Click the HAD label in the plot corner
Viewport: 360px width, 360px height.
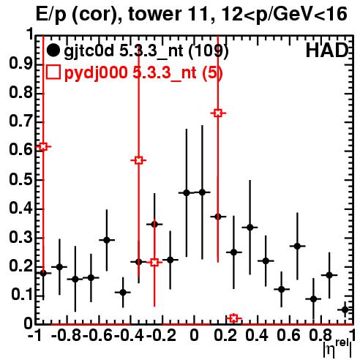[x=327, y=50]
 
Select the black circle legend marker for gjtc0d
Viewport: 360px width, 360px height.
[x=53, y=50]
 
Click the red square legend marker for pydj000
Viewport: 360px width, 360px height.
[x=53, y=72]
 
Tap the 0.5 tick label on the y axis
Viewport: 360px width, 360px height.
[x=20, y=180]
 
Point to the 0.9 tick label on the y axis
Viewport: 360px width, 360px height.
[x=20, y=64]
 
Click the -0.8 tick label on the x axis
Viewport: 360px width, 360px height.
[x=67, y=335]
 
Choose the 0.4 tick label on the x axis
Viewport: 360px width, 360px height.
[x=257, y=335]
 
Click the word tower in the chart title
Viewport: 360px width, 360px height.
[x=154, y=14]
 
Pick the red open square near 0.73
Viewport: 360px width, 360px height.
[x=218, y=113]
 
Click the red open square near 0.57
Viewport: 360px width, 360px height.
[x=138, y=160]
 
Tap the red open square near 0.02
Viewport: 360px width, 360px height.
[x=233, y=318]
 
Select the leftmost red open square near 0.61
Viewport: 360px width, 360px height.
[x=43, y=146]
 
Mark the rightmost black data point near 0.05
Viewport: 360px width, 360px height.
[x=345, y=310]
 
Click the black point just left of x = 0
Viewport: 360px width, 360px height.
[x=187, y=193]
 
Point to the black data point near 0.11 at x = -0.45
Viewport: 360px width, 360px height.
[x=123, y=292]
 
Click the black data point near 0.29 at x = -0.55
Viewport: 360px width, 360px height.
[x=107, y=240]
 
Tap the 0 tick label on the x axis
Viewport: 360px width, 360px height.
[x=194, y=335]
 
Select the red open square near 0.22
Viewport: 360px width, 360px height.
[x=154, y=263]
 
